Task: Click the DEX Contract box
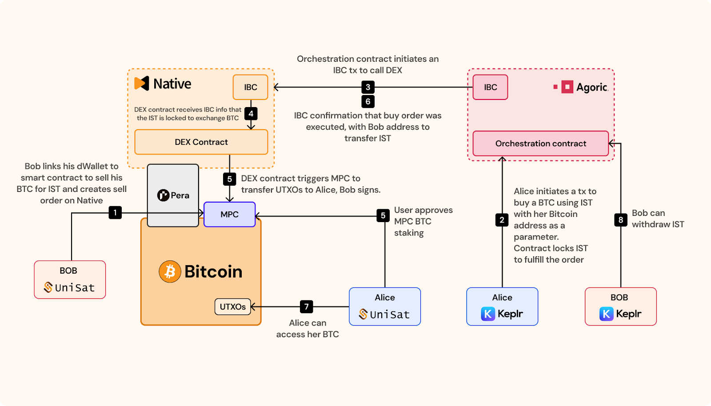[x=201, y=142]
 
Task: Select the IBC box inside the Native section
[x=250, y=87]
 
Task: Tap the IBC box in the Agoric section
[x=490, y=87]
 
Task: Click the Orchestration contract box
[x=540, y=143]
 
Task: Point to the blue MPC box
[x=229, y=214]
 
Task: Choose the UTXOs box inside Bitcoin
[x=232, y=306]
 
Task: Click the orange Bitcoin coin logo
[x=170, y=271]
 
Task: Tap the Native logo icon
[x=142, y=84]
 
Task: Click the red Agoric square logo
[x=567, y=87]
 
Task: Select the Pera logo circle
[x=163, y=195]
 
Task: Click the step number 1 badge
[x=115, y=212]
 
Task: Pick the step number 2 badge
[x=502, y=219]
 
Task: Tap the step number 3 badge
[x=367, y=87]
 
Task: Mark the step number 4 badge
[x=251, y=113]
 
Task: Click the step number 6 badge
[x=367, y=101]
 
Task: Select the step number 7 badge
[x=306, y=306]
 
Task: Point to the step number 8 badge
[x=620, y=219]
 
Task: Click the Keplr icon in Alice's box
[x=488, y=314]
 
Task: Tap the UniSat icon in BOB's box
[x=48, y=287]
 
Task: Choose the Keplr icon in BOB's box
[x=606, y=314]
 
